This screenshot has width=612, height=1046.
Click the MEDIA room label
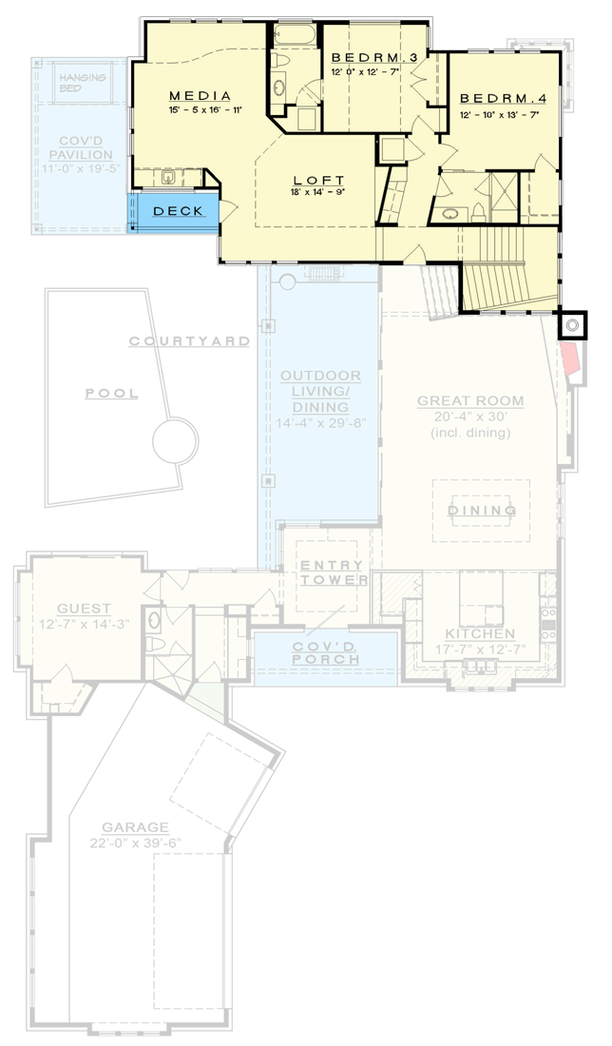tap(201, 96)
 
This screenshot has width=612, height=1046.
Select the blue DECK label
tap(178, 211)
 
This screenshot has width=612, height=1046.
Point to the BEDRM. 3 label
tap(374, 58)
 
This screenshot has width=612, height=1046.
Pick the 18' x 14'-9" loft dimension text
tap(318, 193)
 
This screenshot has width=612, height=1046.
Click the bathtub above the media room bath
tap(296, 35)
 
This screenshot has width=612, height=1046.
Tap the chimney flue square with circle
tap(572, 325)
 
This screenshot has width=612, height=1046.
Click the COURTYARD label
tap(189, 340)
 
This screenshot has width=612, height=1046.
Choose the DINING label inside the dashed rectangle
tap(482, 512)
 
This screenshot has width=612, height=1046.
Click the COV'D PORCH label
tap(326, 653)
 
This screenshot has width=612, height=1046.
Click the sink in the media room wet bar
tap(167, 177)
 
